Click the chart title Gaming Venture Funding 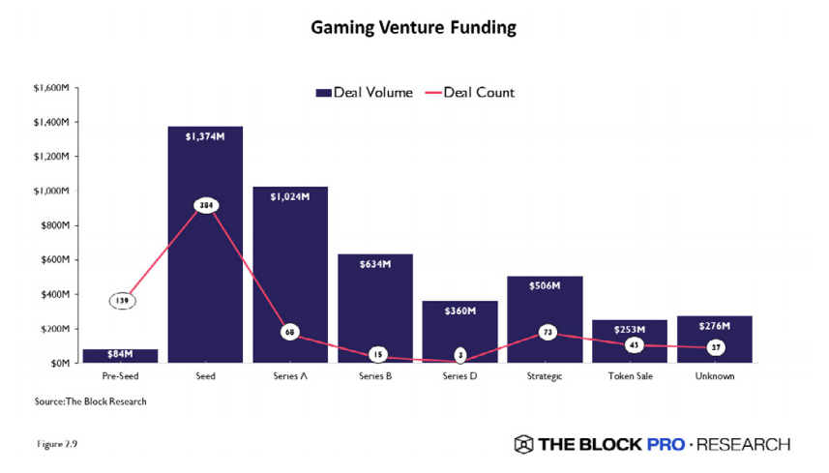coord(413,28)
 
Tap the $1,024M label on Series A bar coord(290,197)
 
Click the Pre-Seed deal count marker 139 coord(122,301)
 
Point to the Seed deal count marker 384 coord(205,206)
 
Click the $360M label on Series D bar coord(459,312)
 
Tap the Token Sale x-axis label coord(629,375)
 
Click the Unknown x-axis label coord(714,375)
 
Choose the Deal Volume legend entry coord(364,93)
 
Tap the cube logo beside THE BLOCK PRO coord(523,444)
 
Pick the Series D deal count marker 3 coord(459,356)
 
